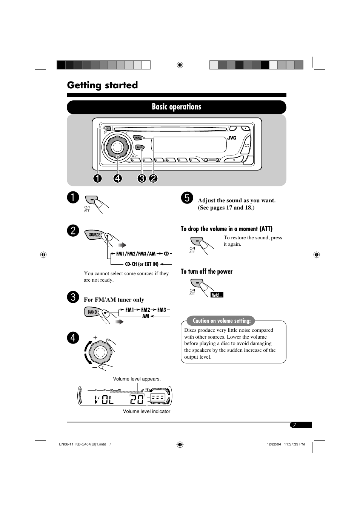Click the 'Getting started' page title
click(102, 85)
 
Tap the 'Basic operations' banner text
click(176, 107)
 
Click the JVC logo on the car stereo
click(232, 138)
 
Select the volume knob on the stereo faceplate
click(117, 147)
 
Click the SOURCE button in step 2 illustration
click(94, 235)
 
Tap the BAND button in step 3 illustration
click(92, 312)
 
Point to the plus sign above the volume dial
click(95, 337)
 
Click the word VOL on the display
click(104, 399)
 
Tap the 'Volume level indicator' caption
click(146, 411)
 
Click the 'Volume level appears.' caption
click(137, 379)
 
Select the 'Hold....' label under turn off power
click(217, 295)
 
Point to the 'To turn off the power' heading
click(206, 271)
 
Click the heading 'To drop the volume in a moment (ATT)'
click(226, 229)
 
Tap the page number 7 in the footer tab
click(295, 425)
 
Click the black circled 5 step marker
click(187, 197)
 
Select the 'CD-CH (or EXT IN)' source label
click(142, 264)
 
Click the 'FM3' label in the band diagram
click(162, 310)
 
